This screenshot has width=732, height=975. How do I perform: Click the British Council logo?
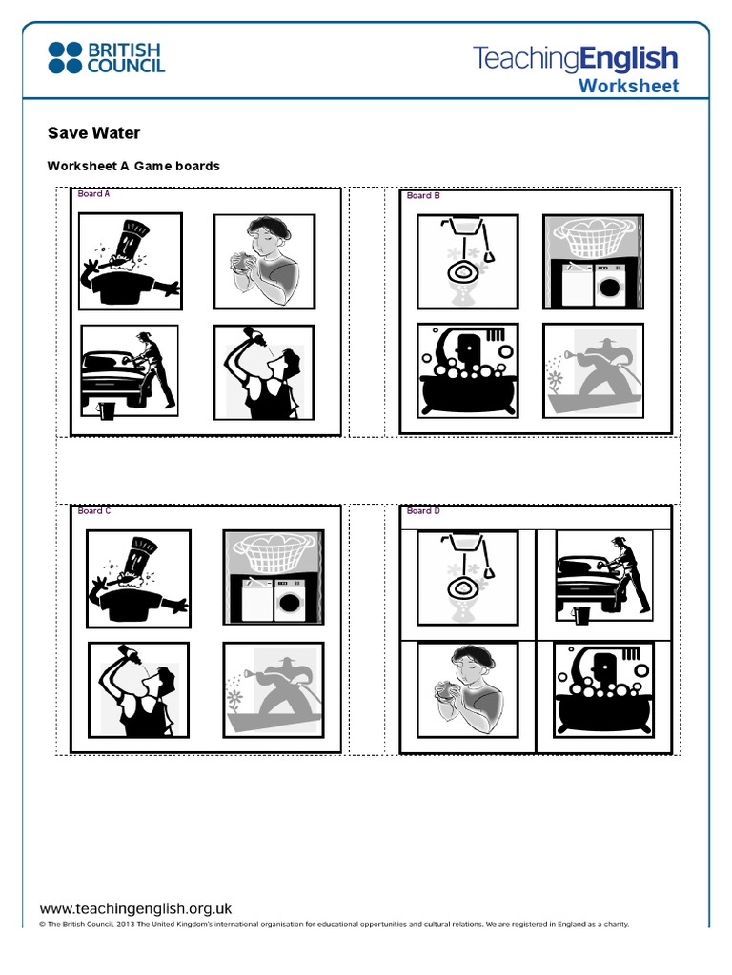point(106,57)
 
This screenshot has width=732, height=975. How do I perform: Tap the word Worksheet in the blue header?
point(629,86)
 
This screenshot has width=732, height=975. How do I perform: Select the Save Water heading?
point(93,133)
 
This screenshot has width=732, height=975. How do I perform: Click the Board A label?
point(93,194)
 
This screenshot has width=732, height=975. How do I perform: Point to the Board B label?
point(423,195)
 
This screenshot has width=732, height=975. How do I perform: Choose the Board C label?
point(94,511)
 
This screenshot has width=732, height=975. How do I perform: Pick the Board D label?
point(423,511)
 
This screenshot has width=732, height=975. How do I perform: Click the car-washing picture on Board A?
point(130,370)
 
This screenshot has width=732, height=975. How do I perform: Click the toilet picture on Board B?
point(468,262)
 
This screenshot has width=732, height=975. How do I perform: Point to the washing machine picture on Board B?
point(593,262)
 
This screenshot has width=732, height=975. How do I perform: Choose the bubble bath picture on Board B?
point(468,370)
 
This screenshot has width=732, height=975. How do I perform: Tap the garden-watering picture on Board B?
point(593,370)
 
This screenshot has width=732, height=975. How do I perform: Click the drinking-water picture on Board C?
point(138,690)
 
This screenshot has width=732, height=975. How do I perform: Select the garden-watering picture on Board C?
point(273,690)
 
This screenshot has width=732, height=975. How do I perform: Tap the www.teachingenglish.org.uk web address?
point(135,908)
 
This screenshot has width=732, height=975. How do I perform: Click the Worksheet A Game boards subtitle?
point(133,166)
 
